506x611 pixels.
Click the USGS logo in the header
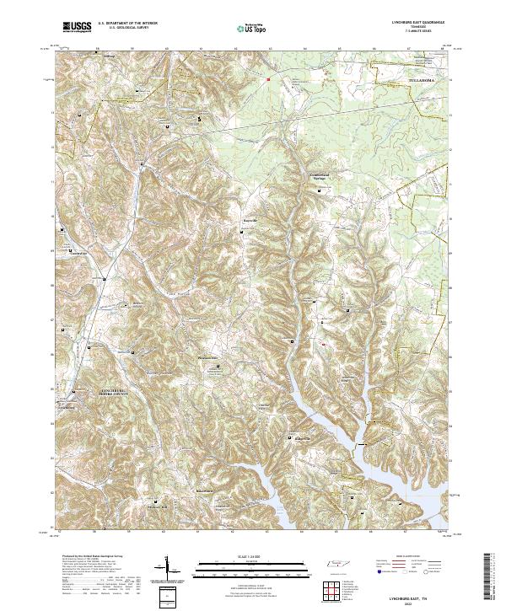78,27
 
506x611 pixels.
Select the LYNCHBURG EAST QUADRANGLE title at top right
419,21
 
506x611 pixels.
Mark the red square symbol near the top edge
268,80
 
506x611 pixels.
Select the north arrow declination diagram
168,571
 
